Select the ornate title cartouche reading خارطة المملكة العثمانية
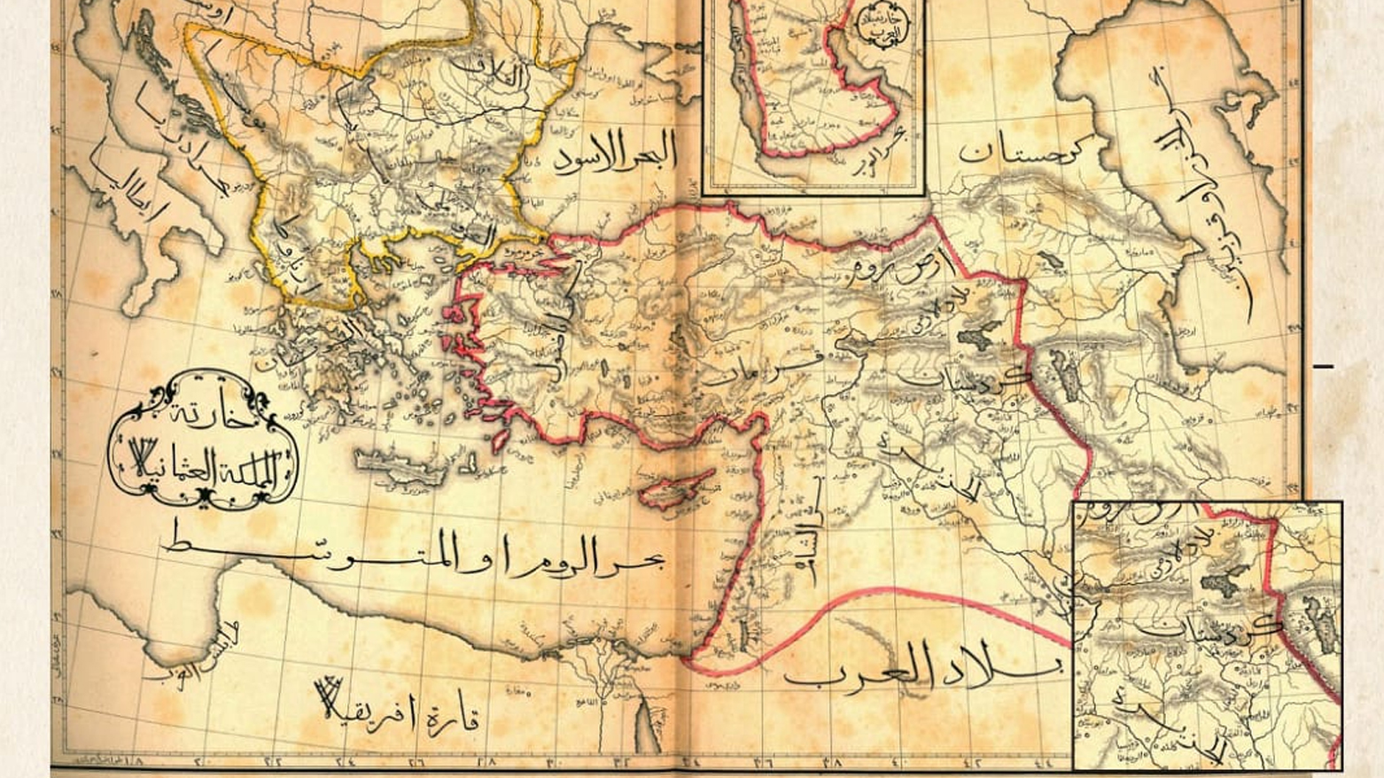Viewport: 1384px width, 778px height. click(x=203, y=440)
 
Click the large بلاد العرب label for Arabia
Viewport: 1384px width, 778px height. click(x=921, y=666)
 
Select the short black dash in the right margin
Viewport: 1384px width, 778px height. click(x=1323, y=365)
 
